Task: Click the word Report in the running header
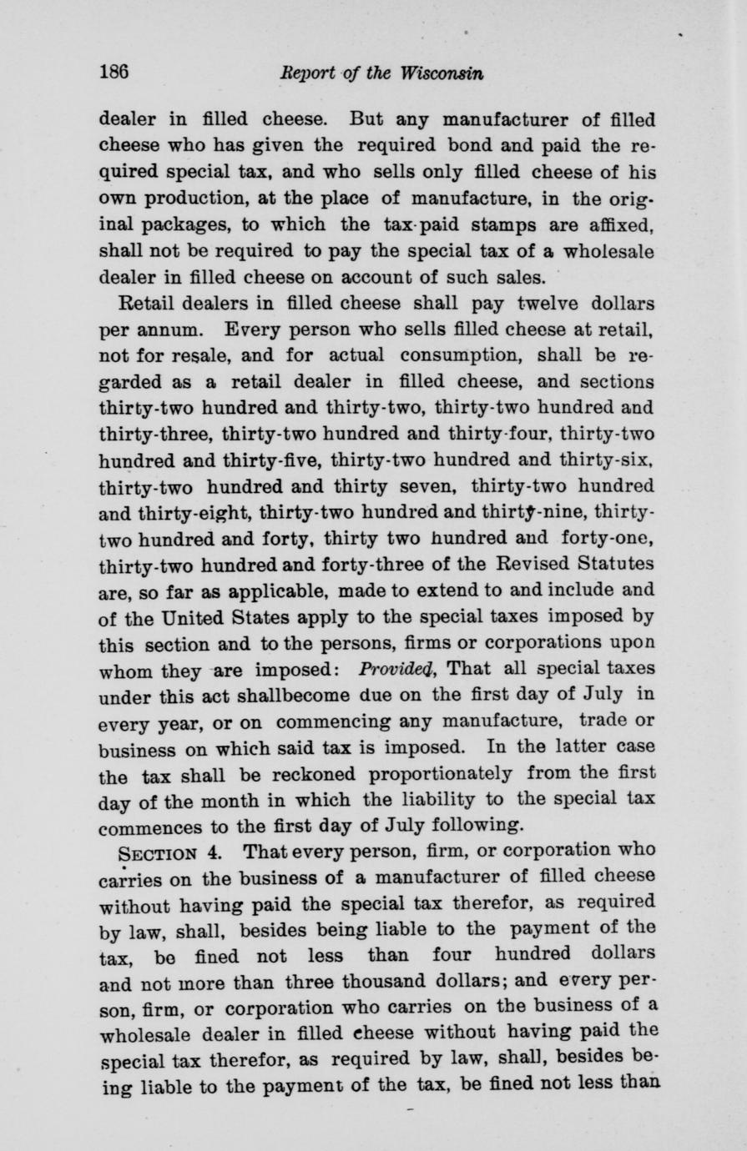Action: pos(306,73)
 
